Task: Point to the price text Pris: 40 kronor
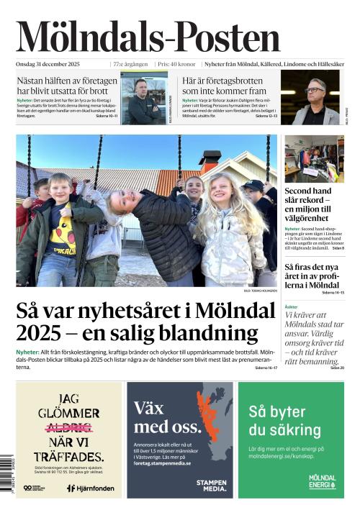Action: [176, 64]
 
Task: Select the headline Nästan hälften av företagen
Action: [67, 86]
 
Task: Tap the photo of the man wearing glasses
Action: [315, 98]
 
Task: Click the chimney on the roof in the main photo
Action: [210, 157]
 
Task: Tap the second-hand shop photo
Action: [314, 160]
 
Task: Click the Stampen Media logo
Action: [211, 484]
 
